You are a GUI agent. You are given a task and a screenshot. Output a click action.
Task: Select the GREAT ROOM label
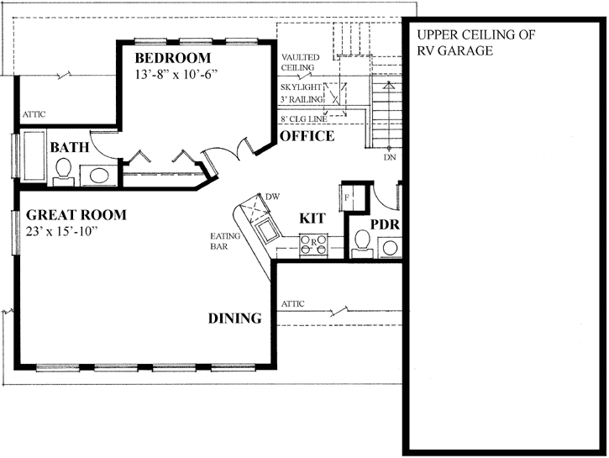(x=76, y=215)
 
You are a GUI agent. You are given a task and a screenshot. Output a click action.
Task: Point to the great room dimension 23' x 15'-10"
(x=62, y=231)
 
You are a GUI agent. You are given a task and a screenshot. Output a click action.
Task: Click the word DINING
(x=235, y=318)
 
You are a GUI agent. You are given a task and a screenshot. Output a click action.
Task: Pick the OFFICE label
(x=307, y=136)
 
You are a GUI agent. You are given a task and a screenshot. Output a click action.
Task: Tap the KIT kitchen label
(x=312, y=218)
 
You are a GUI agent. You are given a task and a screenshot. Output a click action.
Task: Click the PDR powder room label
(x=383, y=225)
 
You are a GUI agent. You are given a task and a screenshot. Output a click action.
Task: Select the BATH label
(x=70, y=148)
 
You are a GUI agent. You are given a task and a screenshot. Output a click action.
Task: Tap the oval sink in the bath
(x=100, y=176)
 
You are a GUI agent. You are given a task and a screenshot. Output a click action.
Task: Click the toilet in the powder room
(x=363, y=243)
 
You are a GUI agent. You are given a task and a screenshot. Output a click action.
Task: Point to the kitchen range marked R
(x=313, y=242)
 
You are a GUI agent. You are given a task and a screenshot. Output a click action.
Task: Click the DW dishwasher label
(x=271, y=197)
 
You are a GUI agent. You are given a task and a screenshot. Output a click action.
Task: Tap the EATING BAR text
(x=225, y=241)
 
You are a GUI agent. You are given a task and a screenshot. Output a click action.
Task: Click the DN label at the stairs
(x=389, y=157)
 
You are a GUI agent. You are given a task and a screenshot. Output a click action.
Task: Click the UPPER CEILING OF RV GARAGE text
(x=465, y=43)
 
